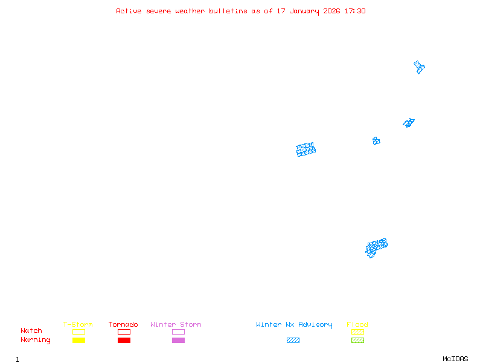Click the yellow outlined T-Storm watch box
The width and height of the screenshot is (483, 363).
click(78, 332)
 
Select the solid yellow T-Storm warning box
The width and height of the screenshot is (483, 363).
click(78, 341)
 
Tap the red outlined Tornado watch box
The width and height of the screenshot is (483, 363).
click(124, 332)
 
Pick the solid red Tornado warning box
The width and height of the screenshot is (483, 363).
click(124, 341)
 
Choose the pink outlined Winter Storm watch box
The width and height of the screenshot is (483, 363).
click(178, 332)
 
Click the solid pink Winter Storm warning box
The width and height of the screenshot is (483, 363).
click(178, 341)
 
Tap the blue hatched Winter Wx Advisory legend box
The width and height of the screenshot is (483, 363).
click(293, 341)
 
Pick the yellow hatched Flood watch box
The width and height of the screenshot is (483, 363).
click(357, 332)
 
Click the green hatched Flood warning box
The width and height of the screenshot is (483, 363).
click(357, 341)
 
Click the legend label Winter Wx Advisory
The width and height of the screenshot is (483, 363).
click(294, 325)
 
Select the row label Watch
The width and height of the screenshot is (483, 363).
click(31, 331)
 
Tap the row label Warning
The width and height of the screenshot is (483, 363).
click(36, 340)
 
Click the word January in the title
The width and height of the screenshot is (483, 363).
click(305, 11)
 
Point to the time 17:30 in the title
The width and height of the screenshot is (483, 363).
click(354, 11)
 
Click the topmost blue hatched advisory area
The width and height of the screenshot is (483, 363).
click(419, 67)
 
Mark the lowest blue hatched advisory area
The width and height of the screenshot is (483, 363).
click(376, 247)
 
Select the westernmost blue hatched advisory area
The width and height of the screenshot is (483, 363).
click(306, 149)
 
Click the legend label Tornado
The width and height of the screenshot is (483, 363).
click(123, 325)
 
